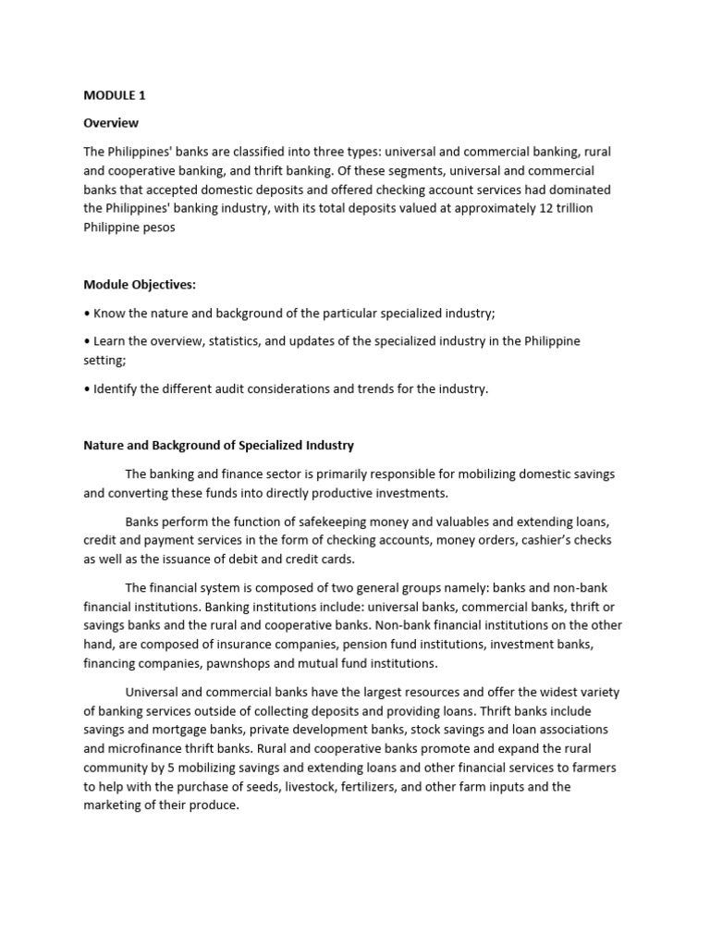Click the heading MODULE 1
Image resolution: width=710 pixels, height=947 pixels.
(115, 95)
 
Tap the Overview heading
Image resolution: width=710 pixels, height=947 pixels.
(111, 123)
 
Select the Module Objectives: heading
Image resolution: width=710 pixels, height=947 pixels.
(140, 285)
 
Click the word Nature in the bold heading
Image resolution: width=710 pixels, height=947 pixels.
(104, 445)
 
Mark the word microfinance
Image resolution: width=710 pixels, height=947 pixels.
(138, 748)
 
